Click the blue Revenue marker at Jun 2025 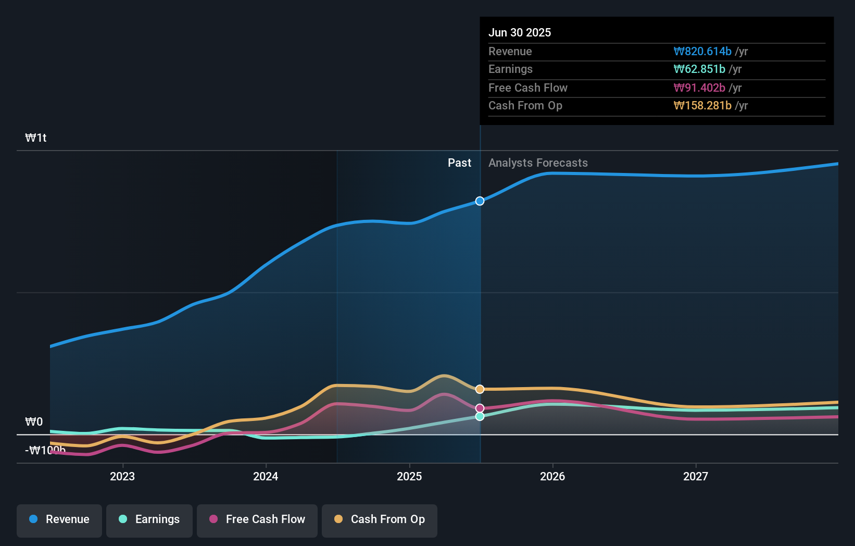point(480,201)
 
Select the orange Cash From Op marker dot point(480,389)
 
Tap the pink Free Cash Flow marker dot point(480,408)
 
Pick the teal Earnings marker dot point(480,416)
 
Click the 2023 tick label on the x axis point(122,476)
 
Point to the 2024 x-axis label point(266,476)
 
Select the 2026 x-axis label point(552,476)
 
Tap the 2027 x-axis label point(696,476)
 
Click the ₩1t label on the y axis point(36,138)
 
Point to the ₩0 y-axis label point(34,421)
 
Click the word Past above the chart point(459,163)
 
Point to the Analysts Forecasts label point(538,163)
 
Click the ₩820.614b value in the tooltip point(702,52)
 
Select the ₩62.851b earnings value point(699,69)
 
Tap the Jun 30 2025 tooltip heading point(520,32)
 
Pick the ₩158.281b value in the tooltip point(702,106)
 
